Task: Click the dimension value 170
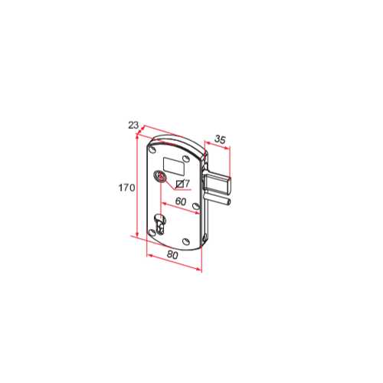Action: [126, 188]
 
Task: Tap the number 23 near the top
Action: [133, 125]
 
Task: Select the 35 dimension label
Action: [220, 139]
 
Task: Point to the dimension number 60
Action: [181, 201]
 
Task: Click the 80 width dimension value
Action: [172, 255]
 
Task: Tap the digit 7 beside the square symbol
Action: [187, 183]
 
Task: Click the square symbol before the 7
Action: [180, 184]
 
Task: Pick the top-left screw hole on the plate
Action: [152, 149]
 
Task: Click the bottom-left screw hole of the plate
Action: [152, 232]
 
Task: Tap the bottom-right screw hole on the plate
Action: [186, 241]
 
